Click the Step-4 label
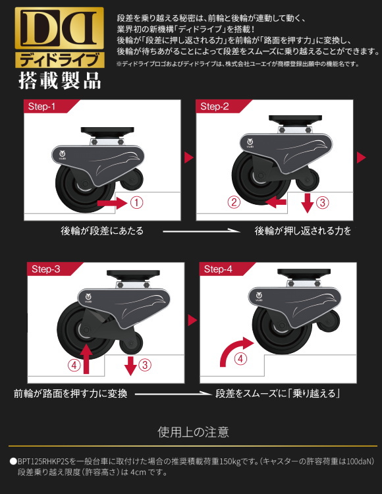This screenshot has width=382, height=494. click(218, 269)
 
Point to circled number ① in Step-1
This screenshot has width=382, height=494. click(136, 203)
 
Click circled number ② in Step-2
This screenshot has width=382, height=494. click(232, 202)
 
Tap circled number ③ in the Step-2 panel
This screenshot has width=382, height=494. click(322, 202)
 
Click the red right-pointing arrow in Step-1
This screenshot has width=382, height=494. click(111, 204)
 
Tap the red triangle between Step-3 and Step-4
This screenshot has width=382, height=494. click(192, 320)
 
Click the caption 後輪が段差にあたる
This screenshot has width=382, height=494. click(101, 231)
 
